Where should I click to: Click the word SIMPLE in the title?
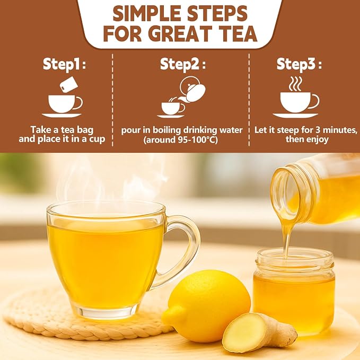[147, 14]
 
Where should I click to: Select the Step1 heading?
[64, 64]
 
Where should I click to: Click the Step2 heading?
[183, 64]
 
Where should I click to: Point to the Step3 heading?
[299, 64]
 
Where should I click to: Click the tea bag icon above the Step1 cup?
[68, 84]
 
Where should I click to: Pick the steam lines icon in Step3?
[295, 84]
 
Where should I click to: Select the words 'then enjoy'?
[307, 139]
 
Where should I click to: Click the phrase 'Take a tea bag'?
[62, 130]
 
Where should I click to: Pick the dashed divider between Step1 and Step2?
[112, 100]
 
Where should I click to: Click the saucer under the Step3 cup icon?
[295, 116]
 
